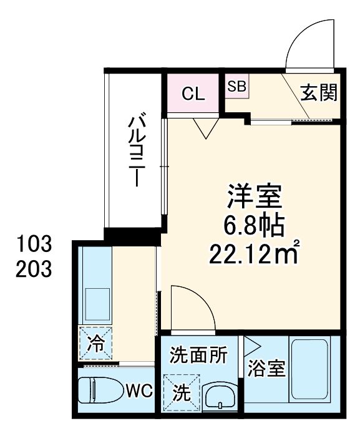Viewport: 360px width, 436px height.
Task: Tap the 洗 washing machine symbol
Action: [x=181, y=392]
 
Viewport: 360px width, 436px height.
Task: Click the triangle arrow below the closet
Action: [x=204, y=128]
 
